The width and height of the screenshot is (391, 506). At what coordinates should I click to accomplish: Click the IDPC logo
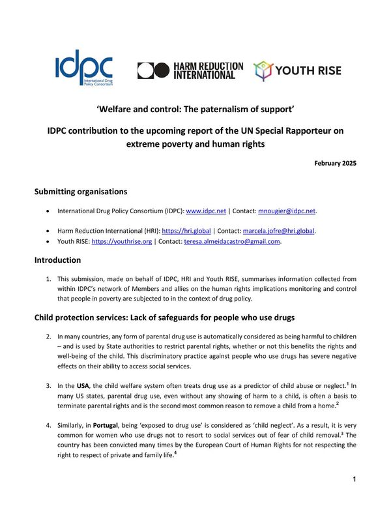(x=84, y=67)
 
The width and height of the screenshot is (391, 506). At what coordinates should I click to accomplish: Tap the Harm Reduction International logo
(x=190, y=70)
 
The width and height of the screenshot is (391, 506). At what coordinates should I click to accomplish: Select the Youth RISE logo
(x=297, y=70)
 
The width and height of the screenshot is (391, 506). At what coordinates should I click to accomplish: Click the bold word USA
(x=81, y=386)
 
